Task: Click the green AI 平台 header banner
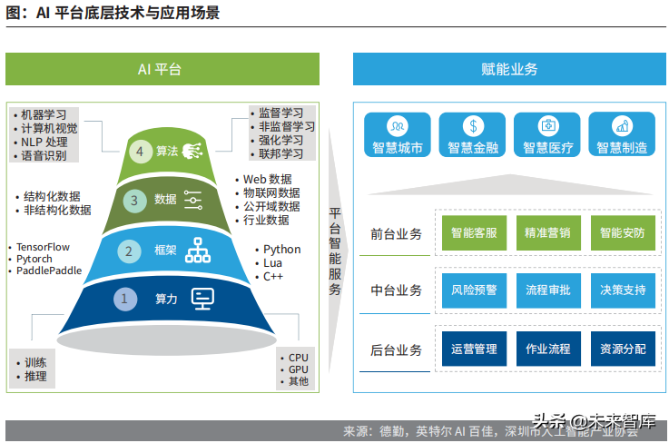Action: (x=162, y=69)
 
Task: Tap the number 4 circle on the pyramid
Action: (x=139, y=152)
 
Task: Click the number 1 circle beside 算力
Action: (x=124, y=298)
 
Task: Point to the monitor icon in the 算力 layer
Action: (x=202, y=297)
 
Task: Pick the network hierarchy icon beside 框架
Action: (x=197, y=250)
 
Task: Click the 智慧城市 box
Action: (x=397, y=134)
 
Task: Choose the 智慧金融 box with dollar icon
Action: (x=472, y=134)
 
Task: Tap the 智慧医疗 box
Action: (x=546, y=134)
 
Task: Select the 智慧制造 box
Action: (x=622, y=134)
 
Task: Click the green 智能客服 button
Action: (x=474, y=233)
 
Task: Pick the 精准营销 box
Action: (x=547, y=233)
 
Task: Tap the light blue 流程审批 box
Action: (x=547, y=290)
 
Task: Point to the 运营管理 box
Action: (x=474, y=349)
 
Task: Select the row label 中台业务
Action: (x=397, y=291)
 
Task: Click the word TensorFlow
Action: (x=43, y=247)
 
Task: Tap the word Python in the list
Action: (x=281, y=250)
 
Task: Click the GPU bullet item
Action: (x=298, y=369)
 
